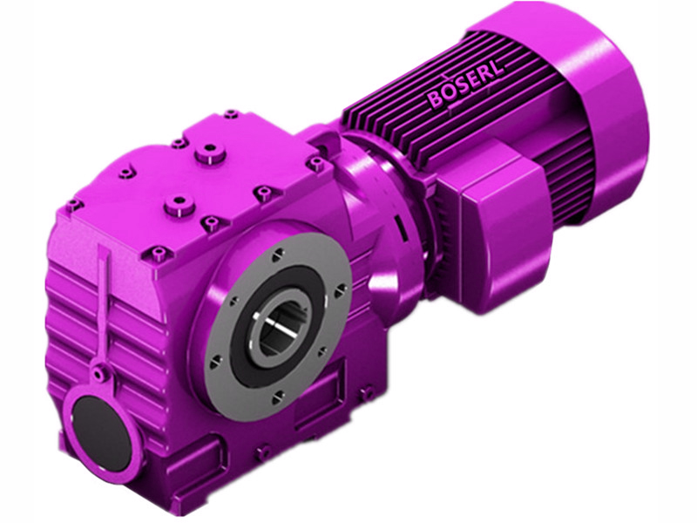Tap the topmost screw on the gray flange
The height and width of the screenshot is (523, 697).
click(x=276, y=255)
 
